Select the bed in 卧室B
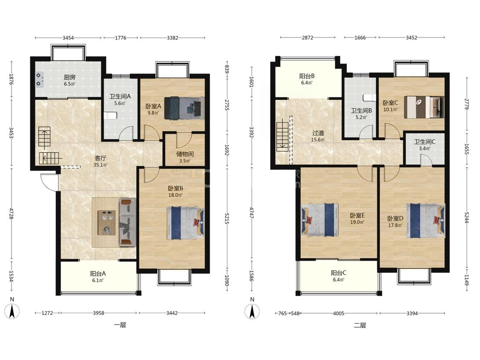tap(186, 223)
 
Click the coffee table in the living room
tap(107, 223)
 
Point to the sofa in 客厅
tap(127, 222)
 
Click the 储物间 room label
tap(185, 154)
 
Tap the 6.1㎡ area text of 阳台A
tap(98, 280)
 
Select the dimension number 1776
tap(121, 38)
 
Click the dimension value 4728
tap(12, 213)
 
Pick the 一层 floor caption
tap(120, 325)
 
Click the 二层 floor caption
tap(360, 325)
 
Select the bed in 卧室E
tap(320, 220)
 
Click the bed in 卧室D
tap(425, 221)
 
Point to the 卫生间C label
tap(425, 142)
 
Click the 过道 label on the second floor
tap(318, 133)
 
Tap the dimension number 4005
tap(339, 313)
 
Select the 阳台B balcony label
tap(307, 76)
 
